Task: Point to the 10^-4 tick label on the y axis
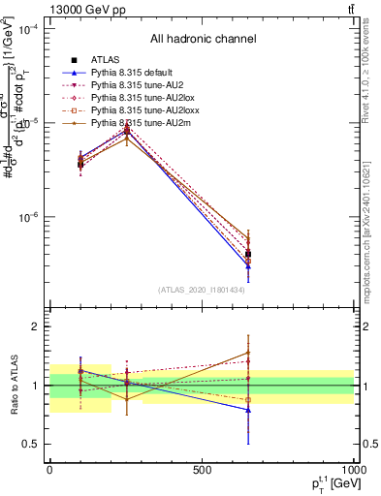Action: point(33,29)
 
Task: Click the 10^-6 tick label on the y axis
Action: point(33,218)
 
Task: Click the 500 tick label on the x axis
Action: point(202,470)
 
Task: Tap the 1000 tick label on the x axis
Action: point(351,470)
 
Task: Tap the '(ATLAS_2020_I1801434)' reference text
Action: point(202,290)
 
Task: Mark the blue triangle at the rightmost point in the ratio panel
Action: point(248,410)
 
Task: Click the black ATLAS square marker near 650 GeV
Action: point(248,254)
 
